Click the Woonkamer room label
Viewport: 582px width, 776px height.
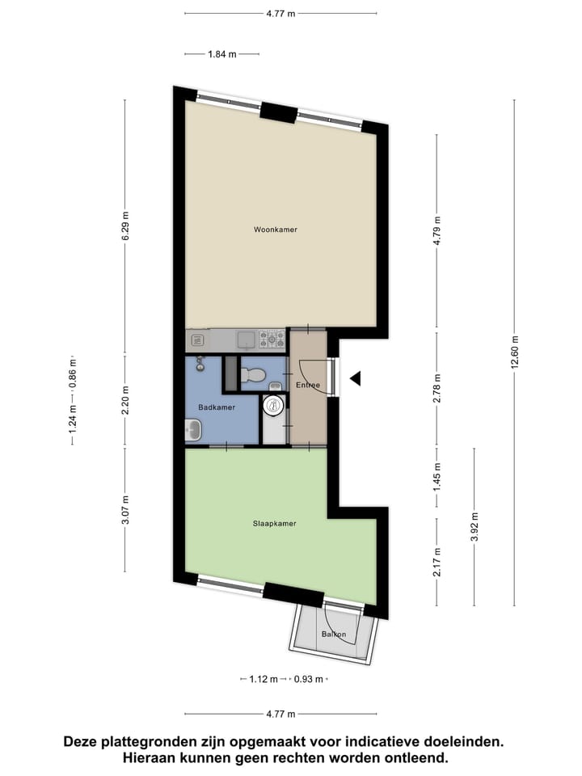click(275, 230)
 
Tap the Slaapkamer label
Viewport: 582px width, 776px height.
click(275, 523)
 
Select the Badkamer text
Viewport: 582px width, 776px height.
click(217, 407)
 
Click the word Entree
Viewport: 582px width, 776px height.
click(308, 385)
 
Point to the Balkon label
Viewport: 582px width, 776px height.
click(333, 634)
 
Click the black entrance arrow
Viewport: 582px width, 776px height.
click(355, 377)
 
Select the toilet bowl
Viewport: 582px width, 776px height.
click(255, 375)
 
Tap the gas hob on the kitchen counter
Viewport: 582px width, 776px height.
click(272, 339)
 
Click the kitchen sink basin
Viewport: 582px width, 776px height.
click(246, 339)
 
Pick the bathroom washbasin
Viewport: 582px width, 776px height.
click(194, 432)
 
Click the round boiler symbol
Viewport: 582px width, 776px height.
click(275, 407)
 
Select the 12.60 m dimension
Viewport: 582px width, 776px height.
click(514, 352)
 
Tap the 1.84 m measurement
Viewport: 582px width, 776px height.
click(222, 54)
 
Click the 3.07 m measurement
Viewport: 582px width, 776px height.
click(124, 510)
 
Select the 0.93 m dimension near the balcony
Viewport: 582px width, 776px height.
click(309, 679)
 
